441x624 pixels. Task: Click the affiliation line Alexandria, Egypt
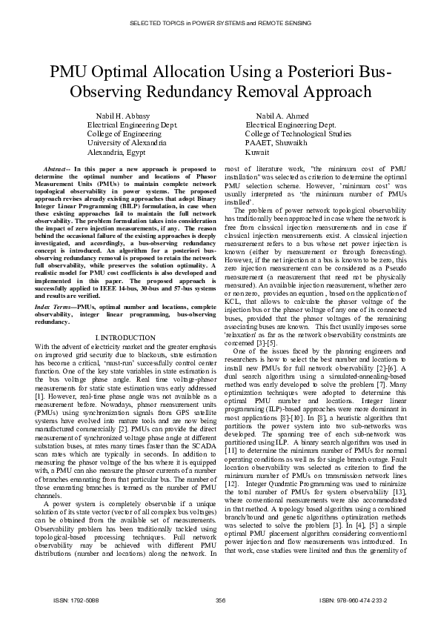(x=116, y=151)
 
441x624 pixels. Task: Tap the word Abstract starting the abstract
(x=59, y=170)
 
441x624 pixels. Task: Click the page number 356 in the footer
(x=220, y=600)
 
